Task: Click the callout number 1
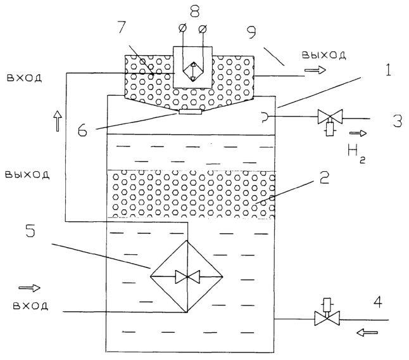(388, 70)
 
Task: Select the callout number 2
(324, 178)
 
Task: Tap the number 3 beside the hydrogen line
(398, 120)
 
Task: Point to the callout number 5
(30, 231)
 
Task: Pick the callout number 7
(122, 27)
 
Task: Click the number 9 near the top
(251, 33)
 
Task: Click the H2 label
(356, 153)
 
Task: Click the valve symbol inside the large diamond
(187, 276)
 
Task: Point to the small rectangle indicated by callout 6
(191, 112)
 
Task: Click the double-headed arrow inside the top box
(193, 71)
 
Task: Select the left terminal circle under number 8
(182, 27)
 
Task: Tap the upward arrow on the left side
(58, 120)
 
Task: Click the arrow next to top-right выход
(315, 70)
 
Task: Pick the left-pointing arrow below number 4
(367, 332)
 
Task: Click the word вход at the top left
(24, 78)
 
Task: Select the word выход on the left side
(27, 174)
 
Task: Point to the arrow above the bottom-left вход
(30, 288)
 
